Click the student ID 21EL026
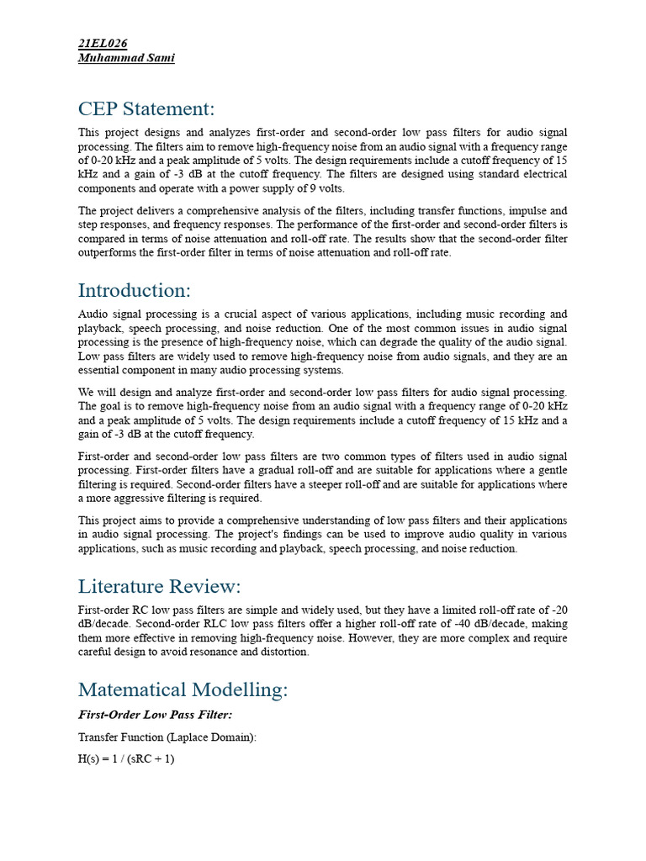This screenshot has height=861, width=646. click(103, 43)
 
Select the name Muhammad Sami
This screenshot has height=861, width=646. click(126, 58)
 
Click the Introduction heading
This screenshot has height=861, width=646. click(135, 290)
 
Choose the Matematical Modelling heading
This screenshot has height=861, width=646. click(183, 689)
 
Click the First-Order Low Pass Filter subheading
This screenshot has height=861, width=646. click(155, 714)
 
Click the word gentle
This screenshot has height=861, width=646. click(548, 470)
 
